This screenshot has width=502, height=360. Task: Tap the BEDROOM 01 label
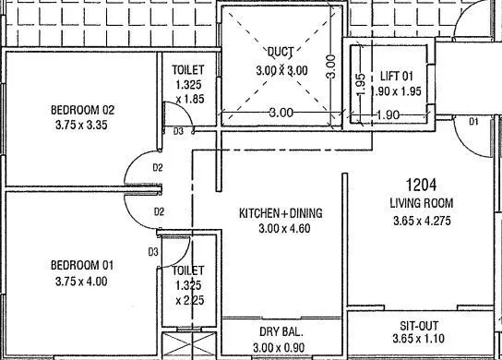[x=82, y=265]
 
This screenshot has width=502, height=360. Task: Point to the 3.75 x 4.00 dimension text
[x=82, y=281]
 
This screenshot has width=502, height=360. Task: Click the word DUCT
[x=281, y=52]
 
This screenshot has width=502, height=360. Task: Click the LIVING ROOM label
[x=420, y=202]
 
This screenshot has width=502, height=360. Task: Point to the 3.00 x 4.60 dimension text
[x=281, y=230]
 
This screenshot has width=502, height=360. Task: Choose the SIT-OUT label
[x=420, y=326]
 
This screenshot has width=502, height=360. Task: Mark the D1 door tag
[x=473, y=122]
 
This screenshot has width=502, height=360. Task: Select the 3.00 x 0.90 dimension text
[x=281, y=346]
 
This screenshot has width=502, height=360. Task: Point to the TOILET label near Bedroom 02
[x=195, y=69]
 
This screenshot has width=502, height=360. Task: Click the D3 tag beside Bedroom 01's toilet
[x=153, y=250]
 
